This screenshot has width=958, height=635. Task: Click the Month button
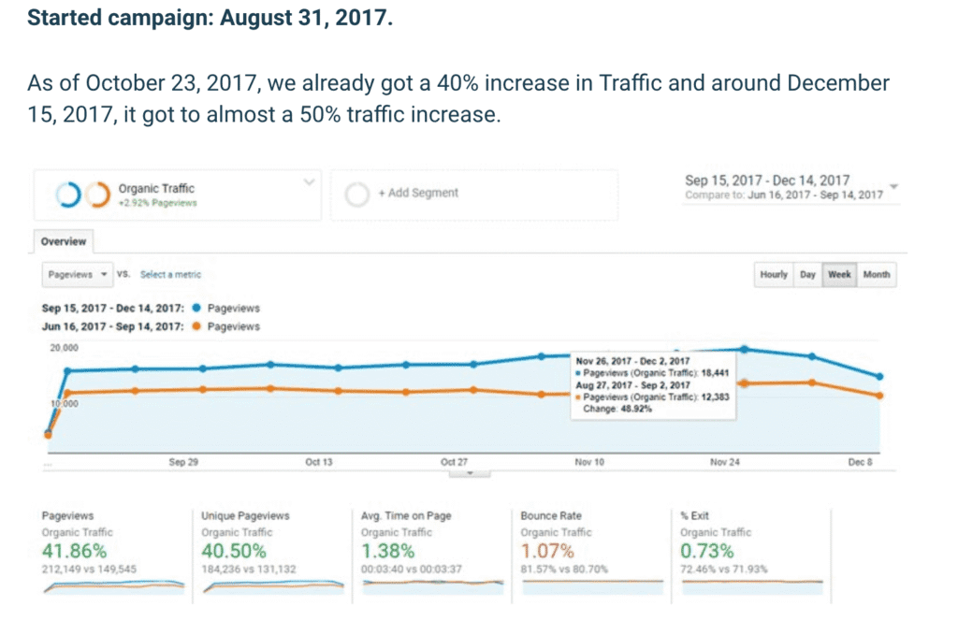876,275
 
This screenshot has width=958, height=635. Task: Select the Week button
839,275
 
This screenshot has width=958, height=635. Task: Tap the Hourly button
774,275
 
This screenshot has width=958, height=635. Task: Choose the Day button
807,275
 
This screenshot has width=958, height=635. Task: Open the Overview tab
64,241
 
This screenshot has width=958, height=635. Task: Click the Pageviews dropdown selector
77,274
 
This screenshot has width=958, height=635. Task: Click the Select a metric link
170,274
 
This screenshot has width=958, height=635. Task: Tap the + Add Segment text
418,193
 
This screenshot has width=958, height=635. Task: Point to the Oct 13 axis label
319,462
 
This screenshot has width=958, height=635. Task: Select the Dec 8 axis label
859,462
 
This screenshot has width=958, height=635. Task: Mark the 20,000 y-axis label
65,348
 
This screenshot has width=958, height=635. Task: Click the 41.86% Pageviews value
74,551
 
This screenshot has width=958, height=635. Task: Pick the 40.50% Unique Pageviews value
234,551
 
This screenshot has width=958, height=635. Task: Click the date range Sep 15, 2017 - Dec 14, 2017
767,180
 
